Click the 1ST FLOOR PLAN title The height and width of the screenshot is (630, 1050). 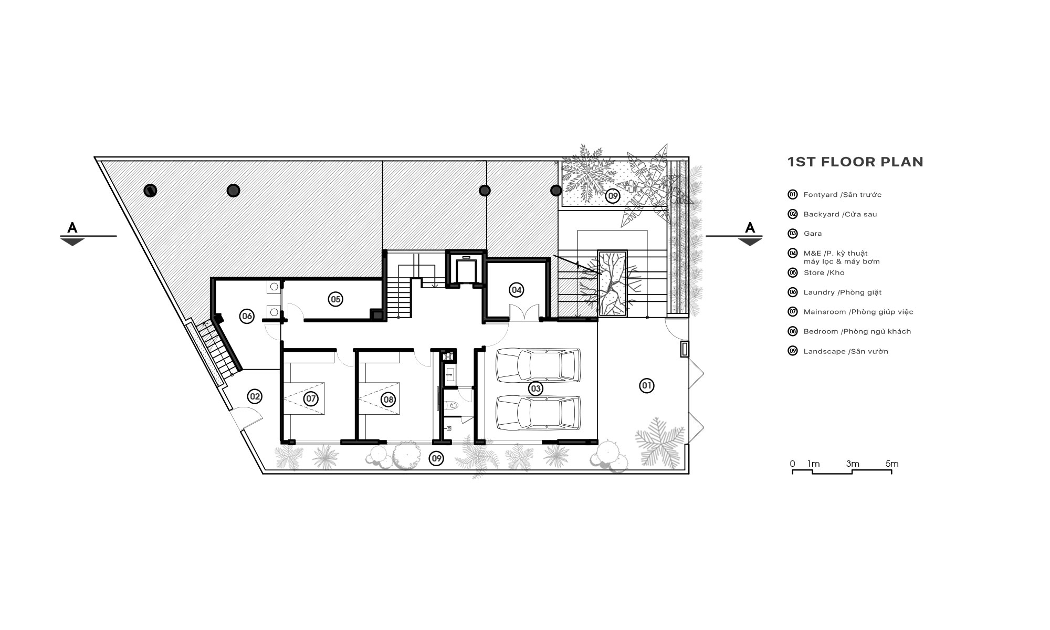click(855, 162)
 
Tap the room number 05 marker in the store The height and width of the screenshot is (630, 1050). click(335, 299)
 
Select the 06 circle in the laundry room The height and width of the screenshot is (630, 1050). click(247, 316)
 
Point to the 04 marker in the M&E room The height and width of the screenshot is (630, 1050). click(517, 289)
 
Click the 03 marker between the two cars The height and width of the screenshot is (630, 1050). click(535, 388)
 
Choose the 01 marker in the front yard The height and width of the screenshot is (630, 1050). click(647, 386)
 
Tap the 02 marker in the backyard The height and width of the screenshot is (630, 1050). click(255, 396)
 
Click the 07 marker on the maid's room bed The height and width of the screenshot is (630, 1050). click(311, 399)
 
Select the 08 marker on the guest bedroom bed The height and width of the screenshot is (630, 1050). click(388, 400)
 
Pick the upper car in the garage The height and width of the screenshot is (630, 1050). click(538, 365)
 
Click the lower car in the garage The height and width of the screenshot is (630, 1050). click(538, 413)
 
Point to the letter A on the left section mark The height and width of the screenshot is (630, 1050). click(72, 228)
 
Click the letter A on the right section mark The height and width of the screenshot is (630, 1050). click(750, 228)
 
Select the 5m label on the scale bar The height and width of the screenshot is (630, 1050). click(892, 464)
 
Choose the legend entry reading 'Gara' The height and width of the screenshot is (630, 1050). click(813, 234)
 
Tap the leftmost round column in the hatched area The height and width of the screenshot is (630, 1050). click(151, 190)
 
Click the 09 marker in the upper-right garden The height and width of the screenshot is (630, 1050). click(612, 196)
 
